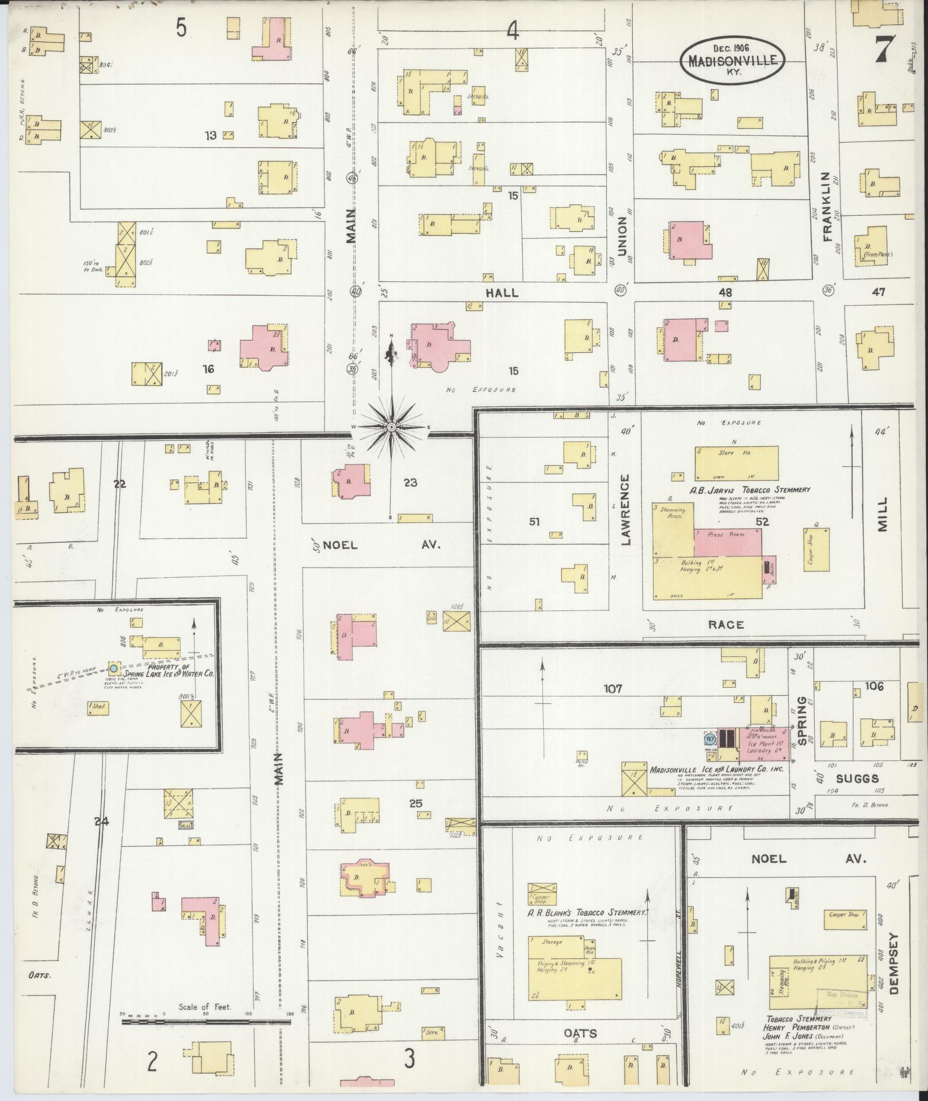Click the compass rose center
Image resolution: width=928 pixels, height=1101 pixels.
point(391,427)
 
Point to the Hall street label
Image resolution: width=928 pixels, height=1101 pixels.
point(502,293)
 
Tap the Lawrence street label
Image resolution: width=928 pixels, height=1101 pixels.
point(625,509)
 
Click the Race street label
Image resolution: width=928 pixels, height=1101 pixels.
point(727,624)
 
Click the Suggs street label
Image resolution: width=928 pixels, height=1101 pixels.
point(857,778)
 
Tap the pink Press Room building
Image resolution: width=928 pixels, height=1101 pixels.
point(728,542)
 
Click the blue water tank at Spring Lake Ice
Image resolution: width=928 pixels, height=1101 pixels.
point(114,668)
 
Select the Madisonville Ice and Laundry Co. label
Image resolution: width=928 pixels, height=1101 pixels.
point(716,769)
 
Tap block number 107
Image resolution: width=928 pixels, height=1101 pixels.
point(613,688)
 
